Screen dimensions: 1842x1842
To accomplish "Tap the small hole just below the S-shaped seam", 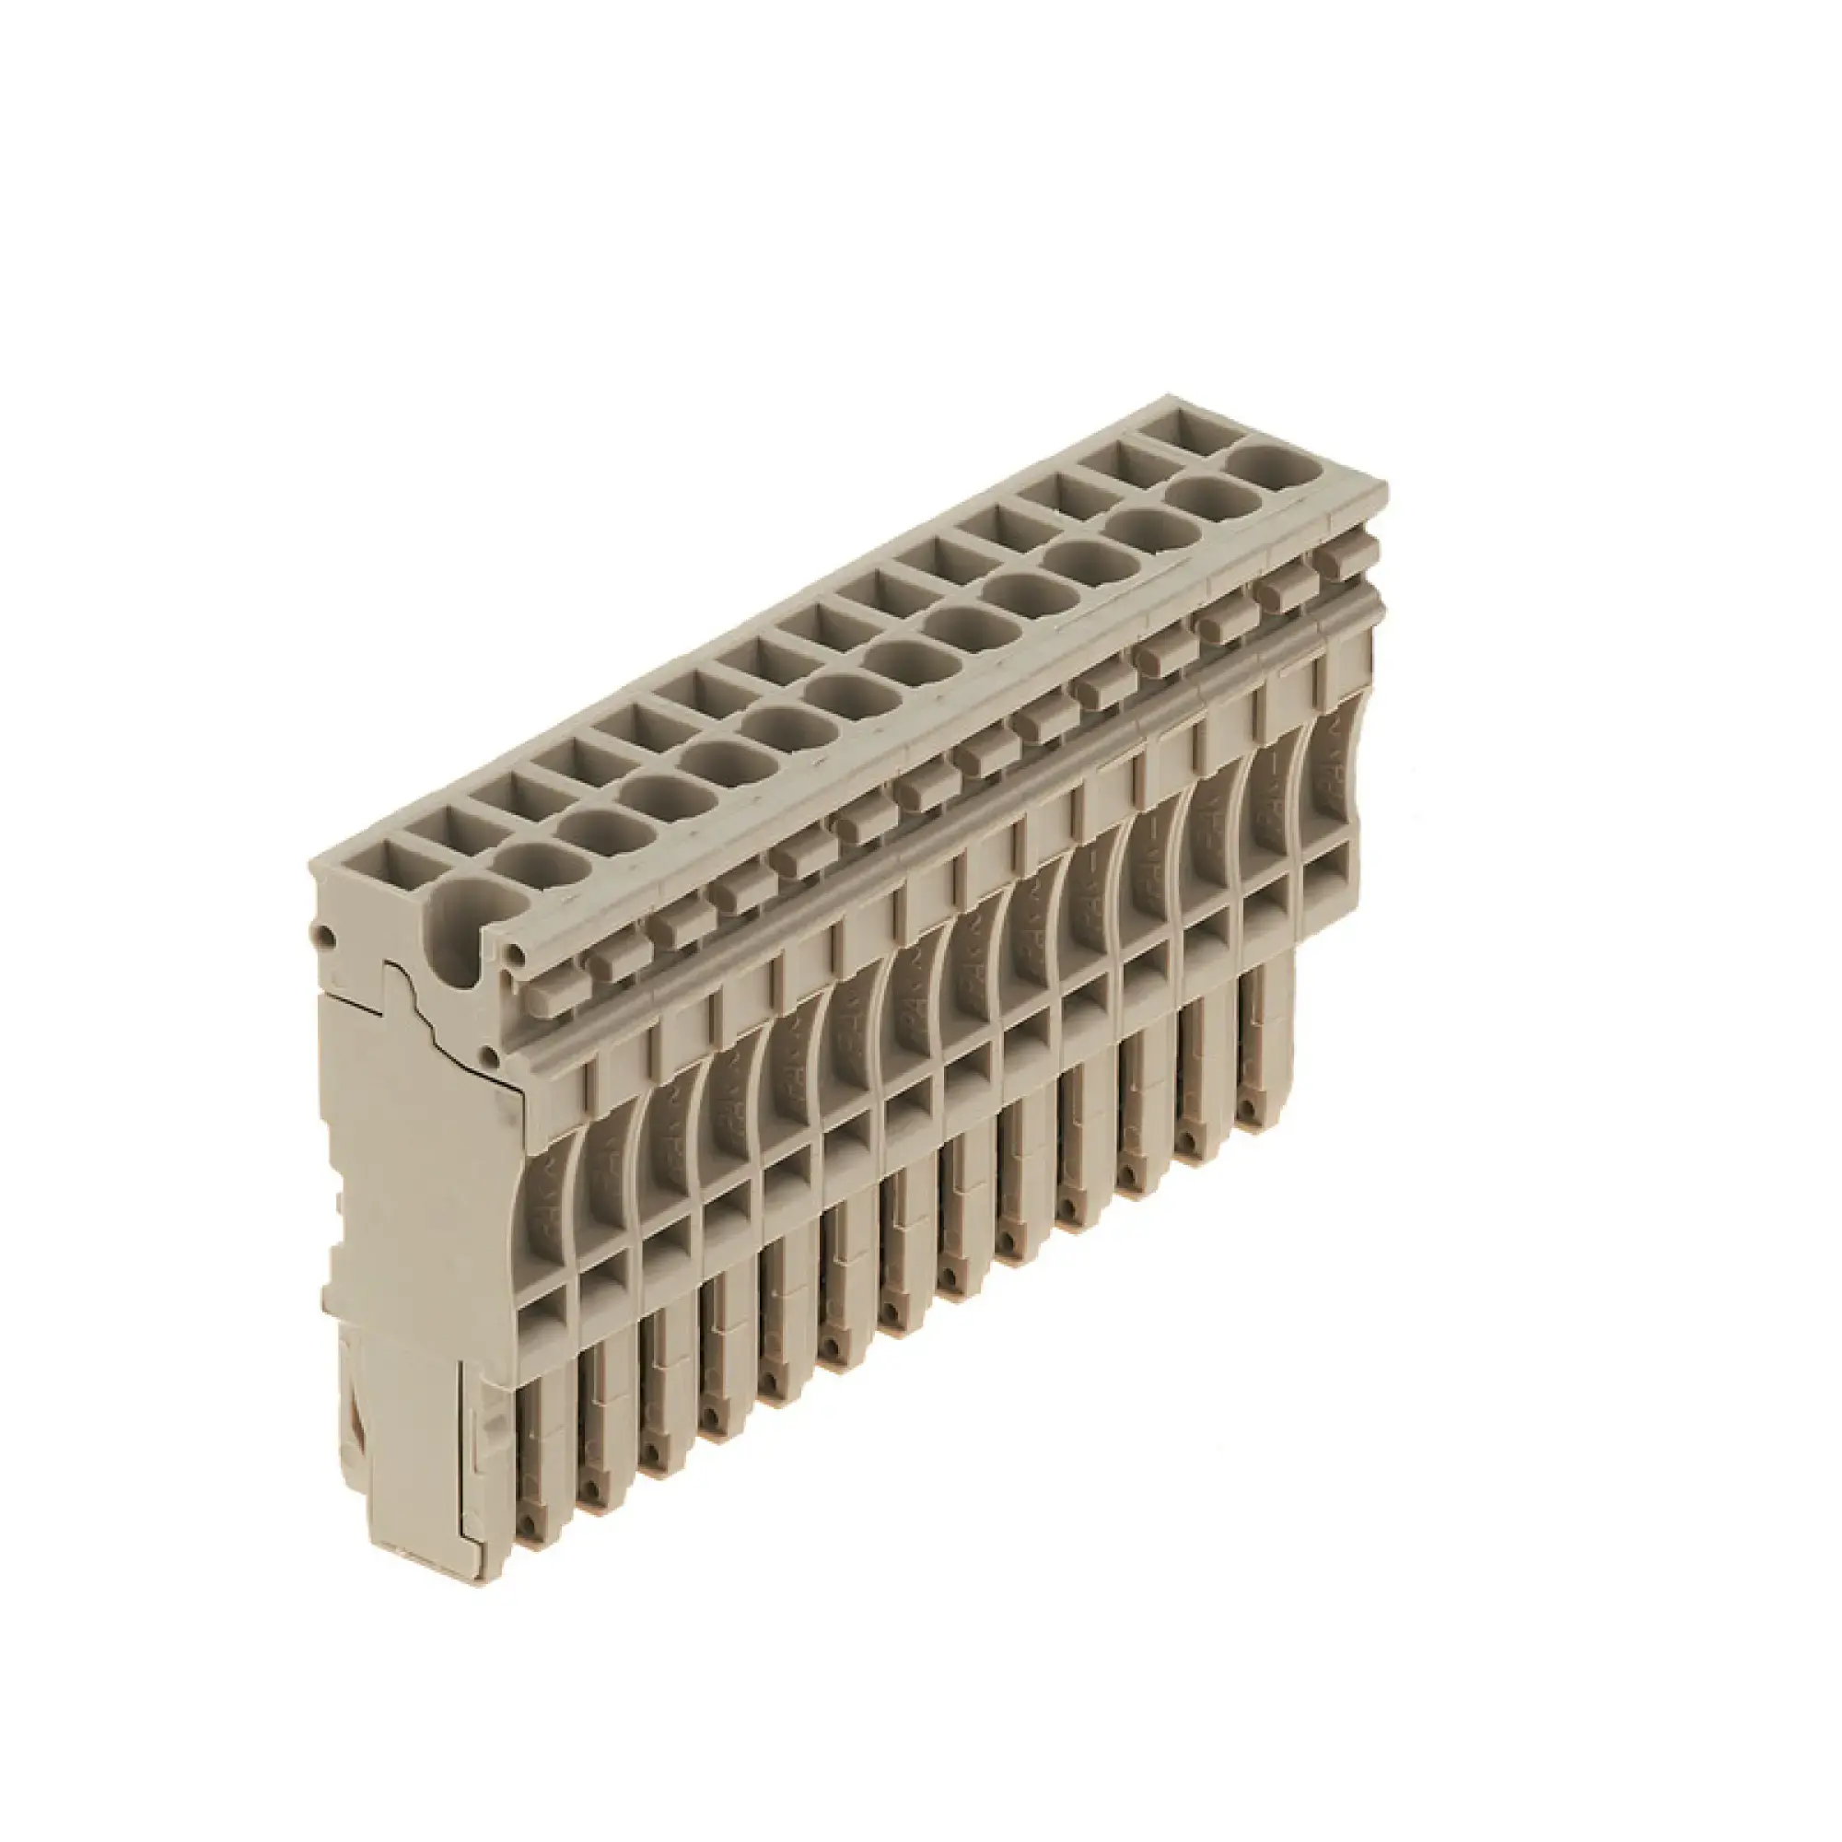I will coord(489,1055).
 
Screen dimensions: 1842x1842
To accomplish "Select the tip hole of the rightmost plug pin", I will coord(1246,1112).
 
